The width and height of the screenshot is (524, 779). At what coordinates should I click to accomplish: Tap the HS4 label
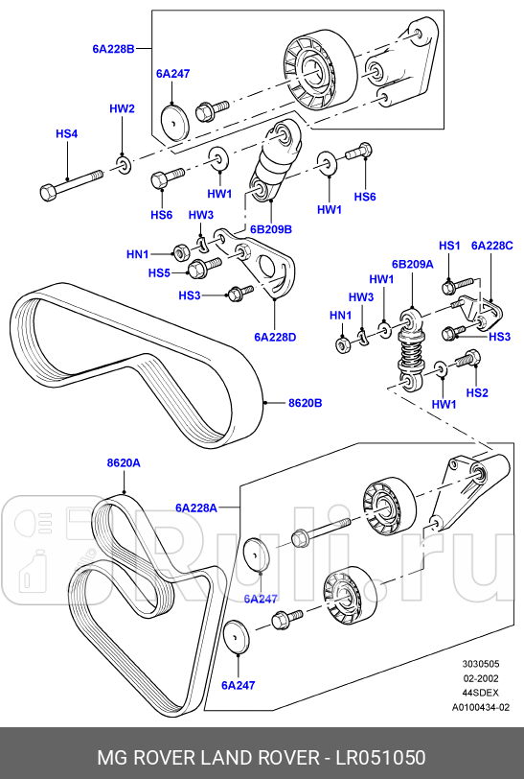66,133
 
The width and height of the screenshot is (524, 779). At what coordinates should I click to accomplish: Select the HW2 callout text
122,109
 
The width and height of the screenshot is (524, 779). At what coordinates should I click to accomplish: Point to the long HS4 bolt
72,183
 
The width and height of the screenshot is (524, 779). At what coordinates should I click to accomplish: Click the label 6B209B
271,229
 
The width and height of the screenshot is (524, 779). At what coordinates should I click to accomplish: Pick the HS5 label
159,273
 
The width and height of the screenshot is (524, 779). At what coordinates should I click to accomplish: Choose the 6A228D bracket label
275,337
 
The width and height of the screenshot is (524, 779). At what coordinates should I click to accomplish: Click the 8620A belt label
124,462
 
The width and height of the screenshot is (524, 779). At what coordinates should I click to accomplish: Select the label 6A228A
195,507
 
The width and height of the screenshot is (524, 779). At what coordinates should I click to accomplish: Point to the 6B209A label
412,263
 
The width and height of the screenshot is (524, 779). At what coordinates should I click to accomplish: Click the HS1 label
449,246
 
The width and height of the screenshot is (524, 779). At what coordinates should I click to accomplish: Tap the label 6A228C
492,246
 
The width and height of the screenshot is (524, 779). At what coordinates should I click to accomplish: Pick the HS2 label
476,392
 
